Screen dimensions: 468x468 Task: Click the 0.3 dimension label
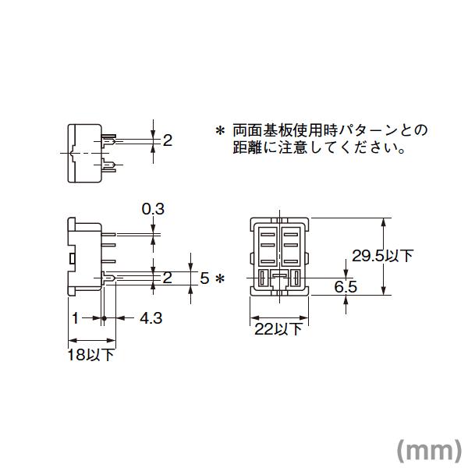153,209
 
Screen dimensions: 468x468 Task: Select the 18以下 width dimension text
92,354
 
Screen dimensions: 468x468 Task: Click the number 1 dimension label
75,318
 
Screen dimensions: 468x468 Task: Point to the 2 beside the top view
167,140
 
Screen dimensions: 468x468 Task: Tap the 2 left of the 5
167,278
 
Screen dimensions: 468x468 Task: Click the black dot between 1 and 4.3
104,318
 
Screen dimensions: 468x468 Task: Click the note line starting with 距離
318,147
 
